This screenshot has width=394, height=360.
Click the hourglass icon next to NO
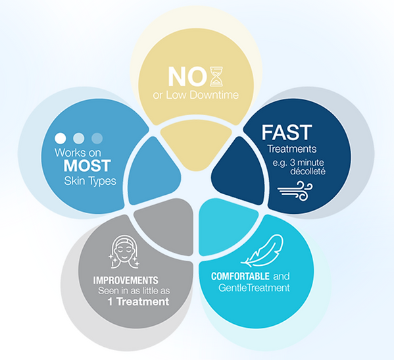(216, 76)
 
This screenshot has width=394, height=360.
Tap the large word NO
(187, 77)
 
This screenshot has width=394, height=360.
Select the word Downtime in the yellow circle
(214, 95)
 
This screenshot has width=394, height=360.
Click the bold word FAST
(287, 132)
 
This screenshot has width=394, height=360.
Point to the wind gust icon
(295, 191)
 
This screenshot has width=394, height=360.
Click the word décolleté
(308, 172)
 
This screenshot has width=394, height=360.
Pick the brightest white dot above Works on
(61, 138)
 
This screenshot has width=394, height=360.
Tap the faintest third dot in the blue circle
(97, 138)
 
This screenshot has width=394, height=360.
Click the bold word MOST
(87, 166)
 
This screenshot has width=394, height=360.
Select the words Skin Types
(90, 181)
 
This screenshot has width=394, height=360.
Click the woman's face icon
(124, 251)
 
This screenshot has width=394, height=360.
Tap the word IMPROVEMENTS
(126, 280)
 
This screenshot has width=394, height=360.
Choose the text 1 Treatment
(138, 301)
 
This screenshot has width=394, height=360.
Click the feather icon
(262, 250)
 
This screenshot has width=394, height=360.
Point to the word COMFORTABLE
(241, 276)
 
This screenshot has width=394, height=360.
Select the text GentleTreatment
(254, 288)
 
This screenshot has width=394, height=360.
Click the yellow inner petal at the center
(196, 144)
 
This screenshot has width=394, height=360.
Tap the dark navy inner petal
(238, 171)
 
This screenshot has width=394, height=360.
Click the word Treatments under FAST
(292, 149)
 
